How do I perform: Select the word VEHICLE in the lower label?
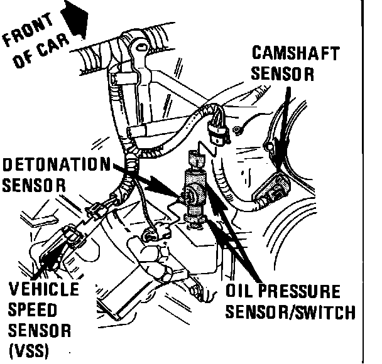coord(45,291)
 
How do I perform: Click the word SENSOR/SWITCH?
coord(289,311)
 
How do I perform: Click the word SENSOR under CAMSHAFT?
coord(283,73)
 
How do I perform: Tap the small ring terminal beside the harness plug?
coord(237,131)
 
